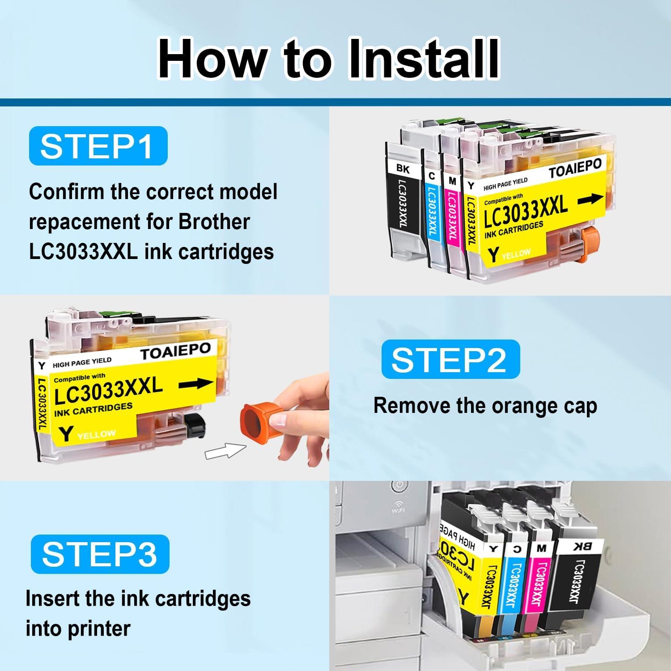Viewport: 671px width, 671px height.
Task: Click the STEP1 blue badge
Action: tap(98, 146)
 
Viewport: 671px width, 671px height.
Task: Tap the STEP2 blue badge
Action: tap(450, 359)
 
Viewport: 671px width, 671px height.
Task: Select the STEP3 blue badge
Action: tap(100, 554)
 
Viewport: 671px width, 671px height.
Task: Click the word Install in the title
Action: tap(423, 59)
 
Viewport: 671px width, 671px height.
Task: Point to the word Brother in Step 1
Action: tap(214, 222)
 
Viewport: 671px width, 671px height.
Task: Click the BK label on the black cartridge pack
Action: tap(403, 169)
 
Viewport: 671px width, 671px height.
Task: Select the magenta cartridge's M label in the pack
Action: tap(452, 181)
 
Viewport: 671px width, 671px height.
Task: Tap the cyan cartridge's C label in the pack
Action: tap(431, 177)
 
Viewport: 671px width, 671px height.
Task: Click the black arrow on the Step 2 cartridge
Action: tap(196, 383)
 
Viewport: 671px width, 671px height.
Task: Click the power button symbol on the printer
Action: tap(398, 487)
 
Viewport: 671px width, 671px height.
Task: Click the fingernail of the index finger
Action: tap(280, 420)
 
